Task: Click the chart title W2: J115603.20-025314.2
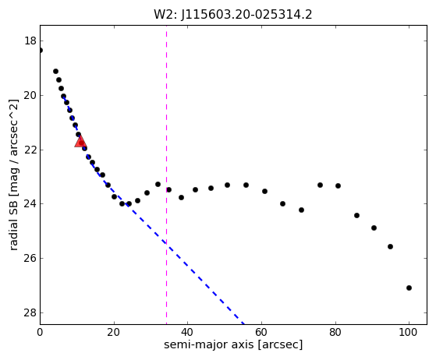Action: [x=233, y=15]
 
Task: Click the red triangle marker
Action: [x=80, y=142]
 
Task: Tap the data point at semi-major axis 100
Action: [x=409, y=288]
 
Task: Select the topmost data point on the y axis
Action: [x=41, y=51]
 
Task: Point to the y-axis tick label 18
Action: [x=30, y=41]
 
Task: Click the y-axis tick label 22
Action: [x=30, y=150]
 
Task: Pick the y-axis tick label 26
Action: [x=30, y=259]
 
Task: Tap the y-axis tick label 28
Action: [x=30, y=312]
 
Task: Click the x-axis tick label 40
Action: [x=187, y=332]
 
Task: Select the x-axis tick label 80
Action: [x=335, y=332]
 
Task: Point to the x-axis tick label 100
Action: [x=409, y=332]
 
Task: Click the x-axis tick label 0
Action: [x=40, y=332]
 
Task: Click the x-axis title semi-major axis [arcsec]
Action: [x=233, y=344]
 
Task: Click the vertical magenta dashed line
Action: [x=166, y=175]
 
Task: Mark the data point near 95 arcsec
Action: [x=390, y=246]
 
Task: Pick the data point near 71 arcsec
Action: [x=301, y=210]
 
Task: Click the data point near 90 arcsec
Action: [x=374, y=228]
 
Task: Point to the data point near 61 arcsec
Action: [x=264, y=191]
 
